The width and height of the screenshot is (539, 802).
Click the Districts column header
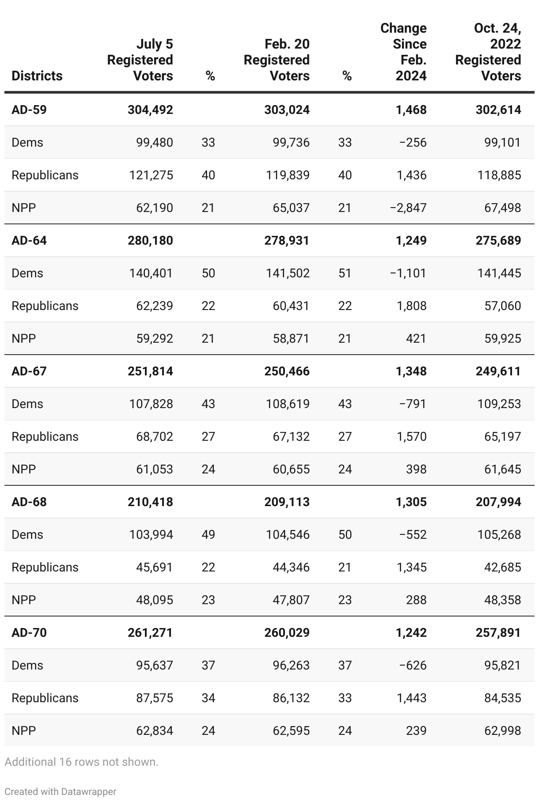coord(37,76)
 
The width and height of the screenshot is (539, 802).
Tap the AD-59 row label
coord(29,110)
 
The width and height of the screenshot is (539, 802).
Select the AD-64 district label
coord(29,240)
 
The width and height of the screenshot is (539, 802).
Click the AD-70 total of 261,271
coord(150,632)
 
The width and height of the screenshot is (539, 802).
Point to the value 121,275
coord(151,175)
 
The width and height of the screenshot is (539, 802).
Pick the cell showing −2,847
coord(408,208)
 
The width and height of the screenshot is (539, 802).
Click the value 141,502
coord(288,273)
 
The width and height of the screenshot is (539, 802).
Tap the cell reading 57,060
coord(503,306)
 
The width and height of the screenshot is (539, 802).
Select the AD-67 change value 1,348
coord(411,371)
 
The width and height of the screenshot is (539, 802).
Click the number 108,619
coord(288,404)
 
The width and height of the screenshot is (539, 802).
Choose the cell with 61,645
coord(503,469)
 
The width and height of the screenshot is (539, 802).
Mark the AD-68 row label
coord(29,502)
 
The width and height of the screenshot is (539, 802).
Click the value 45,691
coord(155,567)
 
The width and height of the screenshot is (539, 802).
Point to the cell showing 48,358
coord(503,600)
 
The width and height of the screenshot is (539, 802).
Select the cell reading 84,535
coord(503,698)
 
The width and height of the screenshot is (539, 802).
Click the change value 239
coord(416,730)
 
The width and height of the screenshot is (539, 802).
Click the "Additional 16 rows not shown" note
coord(81,762)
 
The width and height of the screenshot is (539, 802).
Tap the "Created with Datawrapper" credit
coord(60,791)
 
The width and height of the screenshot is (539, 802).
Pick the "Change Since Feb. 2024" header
coord(403,52)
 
